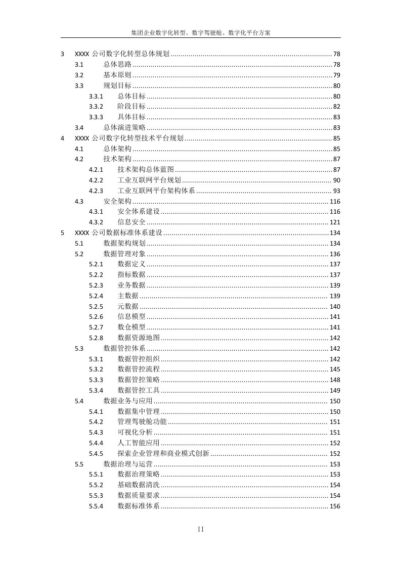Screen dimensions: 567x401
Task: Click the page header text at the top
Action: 200,33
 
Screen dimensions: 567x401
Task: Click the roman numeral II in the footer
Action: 200,529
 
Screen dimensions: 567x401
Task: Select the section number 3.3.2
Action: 96,107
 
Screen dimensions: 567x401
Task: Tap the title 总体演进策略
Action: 124,127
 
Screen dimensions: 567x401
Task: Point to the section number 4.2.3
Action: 96,191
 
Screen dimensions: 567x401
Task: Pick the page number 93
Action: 336,191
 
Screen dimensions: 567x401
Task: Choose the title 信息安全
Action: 131,222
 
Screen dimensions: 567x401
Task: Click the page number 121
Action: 335,222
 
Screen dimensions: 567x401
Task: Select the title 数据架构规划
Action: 124,244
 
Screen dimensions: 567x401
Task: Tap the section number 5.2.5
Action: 96,307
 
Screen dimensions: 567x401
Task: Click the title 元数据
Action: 128,307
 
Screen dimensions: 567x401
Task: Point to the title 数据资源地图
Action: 139,338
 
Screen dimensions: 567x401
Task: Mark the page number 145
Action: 335,369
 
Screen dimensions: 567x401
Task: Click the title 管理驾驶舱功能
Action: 142,422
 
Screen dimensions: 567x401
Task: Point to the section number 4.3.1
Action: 96,212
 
